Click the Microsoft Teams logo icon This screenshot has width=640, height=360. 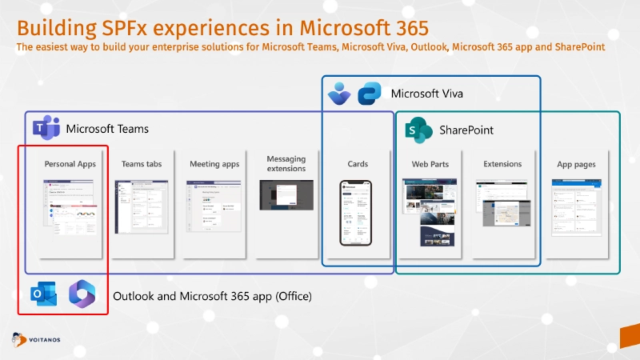click(x=46, y=128)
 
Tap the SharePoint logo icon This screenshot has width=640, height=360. click(x=418, y=129)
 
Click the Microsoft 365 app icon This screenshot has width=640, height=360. click(x=82, y=294)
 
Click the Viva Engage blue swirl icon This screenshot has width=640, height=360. click(x=370, y=94)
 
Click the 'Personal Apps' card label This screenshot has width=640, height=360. click(x=70, y=164)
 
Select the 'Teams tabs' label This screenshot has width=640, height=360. click(x=142, y=164)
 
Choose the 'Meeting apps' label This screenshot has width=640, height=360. click(x=214, y=164)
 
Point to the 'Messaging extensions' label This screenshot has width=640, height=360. click(x=286, y=164)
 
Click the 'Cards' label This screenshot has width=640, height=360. click(x=358, y=164)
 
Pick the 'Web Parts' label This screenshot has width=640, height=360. click(x=430, y=164)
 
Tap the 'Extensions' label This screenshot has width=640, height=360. click(x=502, y=164)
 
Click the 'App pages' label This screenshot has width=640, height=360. click(x=576, y=164)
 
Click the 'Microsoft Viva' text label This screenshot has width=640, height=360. click(x=426, y=94)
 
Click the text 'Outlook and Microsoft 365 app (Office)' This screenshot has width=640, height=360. click(x=212, y=296)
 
